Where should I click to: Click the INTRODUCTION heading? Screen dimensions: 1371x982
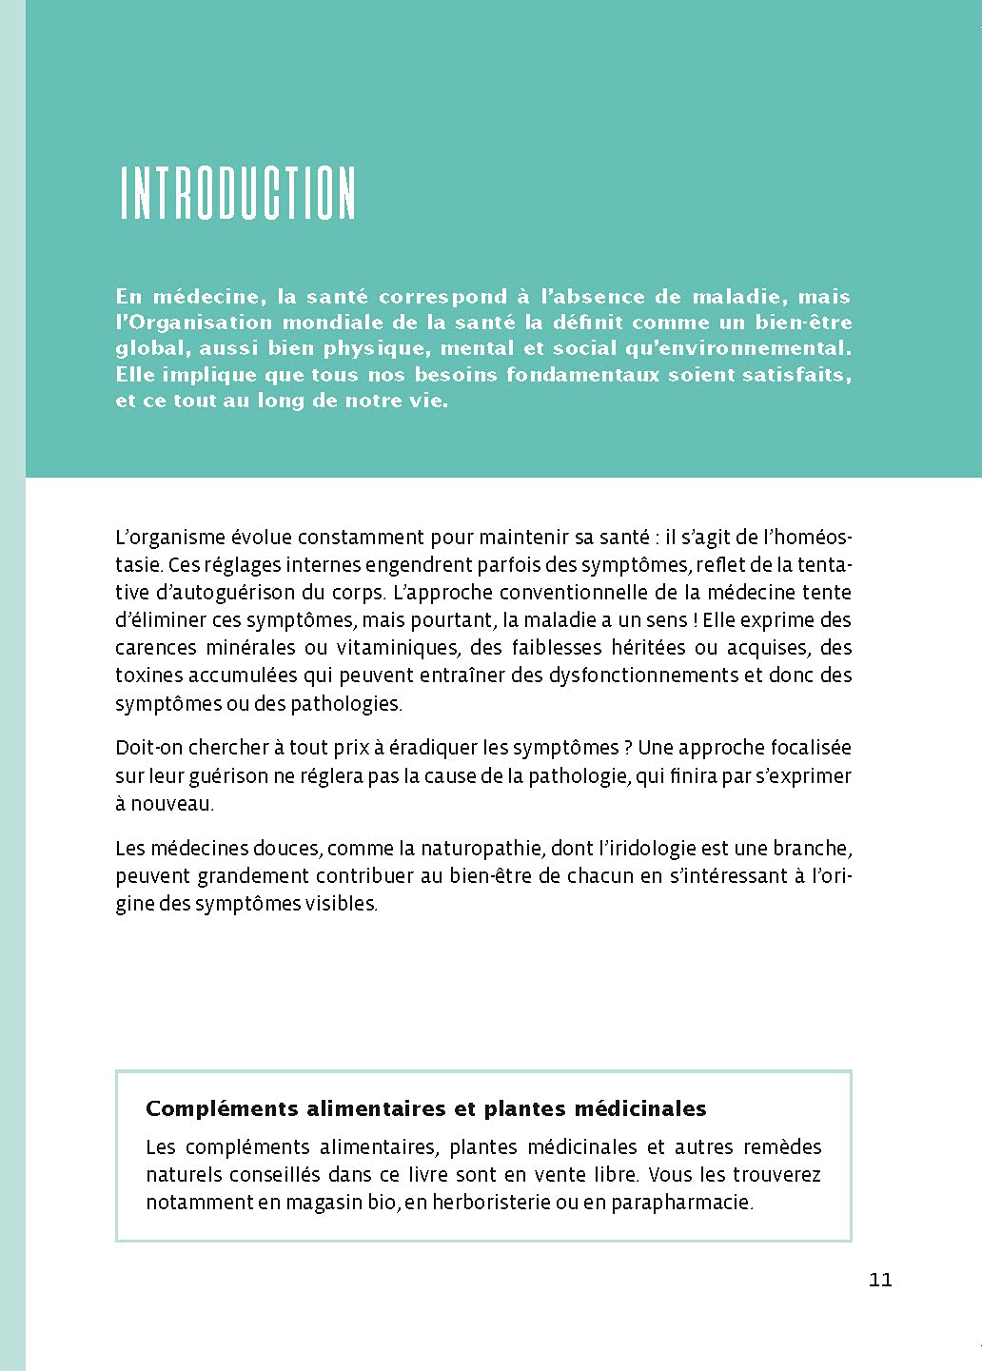238,194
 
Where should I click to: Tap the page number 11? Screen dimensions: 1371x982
880,1279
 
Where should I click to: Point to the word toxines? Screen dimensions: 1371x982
148,676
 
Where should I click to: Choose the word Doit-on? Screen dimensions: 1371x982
149,748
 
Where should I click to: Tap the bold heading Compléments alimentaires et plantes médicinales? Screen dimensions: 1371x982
425,1108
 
